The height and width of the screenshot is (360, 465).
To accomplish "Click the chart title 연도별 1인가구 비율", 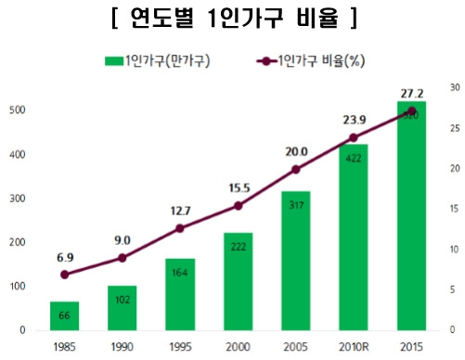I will point(231,18).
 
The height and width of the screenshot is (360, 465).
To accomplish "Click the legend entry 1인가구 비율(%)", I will point(313,62).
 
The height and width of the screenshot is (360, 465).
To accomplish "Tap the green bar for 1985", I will point(64,315).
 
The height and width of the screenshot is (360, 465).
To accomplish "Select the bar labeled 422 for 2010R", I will point(354,237).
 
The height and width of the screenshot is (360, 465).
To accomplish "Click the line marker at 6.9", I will point(64,275).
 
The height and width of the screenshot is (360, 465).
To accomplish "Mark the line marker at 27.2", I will point(411,111).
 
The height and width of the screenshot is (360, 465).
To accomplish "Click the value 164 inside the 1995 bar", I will point(180,272).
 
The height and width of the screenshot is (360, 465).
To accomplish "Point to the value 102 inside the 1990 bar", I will point(123,300).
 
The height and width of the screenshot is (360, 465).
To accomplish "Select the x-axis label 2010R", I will point(354,347).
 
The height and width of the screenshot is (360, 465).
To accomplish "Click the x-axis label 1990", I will point(123,347).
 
